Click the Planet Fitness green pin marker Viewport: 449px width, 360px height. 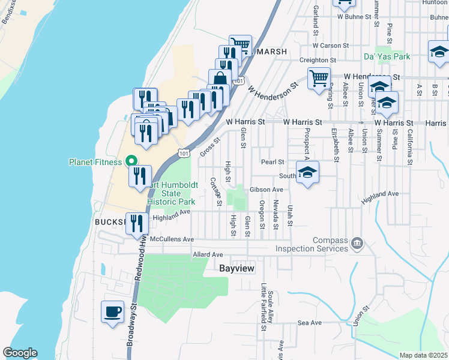tap(131, 161)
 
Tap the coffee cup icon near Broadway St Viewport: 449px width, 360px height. tap(113, 313)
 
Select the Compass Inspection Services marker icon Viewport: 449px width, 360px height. tap(357, 242)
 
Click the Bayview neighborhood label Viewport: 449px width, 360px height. tap(239, 269)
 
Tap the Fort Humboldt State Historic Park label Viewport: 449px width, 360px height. tap(171, 194)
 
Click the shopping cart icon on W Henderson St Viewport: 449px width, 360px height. tap(319, 77)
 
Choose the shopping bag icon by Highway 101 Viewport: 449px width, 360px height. tap(220, 79)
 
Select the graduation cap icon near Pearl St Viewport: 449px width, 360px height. tap(308, 172)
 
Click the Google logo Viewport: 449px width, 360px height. tap(20, 353)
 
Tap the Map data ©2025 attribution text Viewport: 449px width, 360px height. tap(424, 355)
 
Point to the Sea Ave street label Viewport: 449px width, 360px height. tap(310, 323)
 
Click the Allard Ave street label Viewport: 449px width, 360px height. tap(208, 254)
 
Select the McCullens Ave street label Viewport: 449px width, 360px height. tap(172, 239)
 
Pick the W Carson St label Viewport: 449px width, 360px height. tap(331, 46)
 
